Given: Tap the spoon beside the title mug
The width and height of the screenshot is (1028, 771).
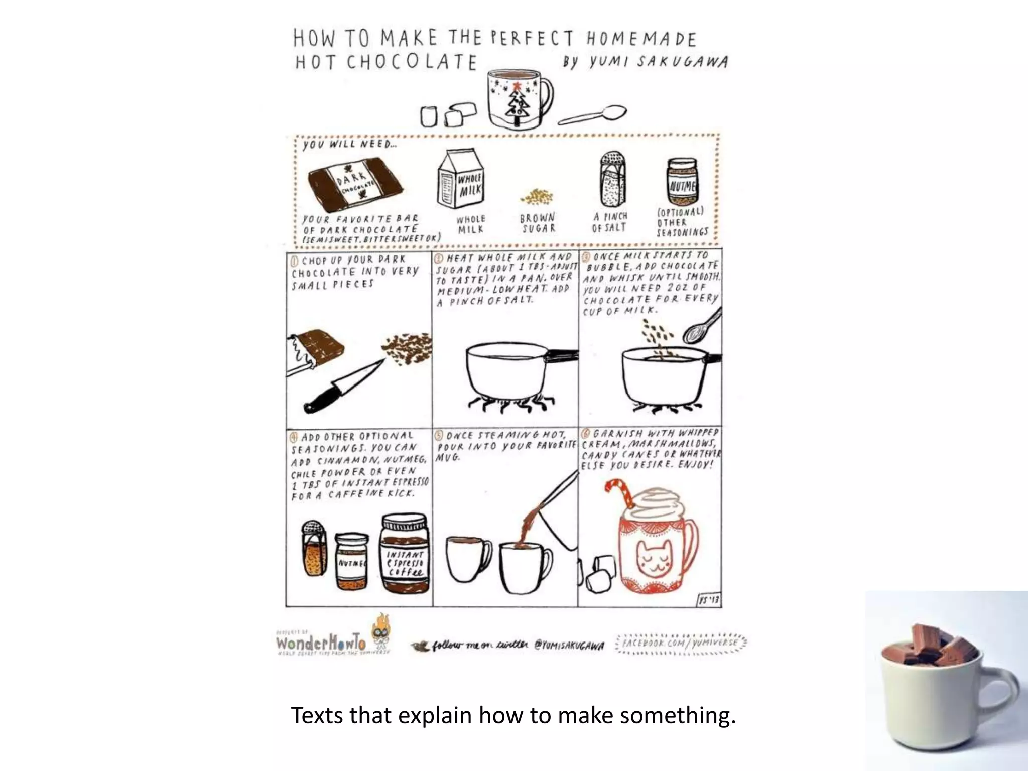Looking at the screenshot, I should pyautogui.click(x=594, y=115).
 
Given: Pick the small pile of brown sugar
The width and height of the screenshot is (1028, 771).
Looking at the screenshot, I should pyautogui.click(x=537, y=197).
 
